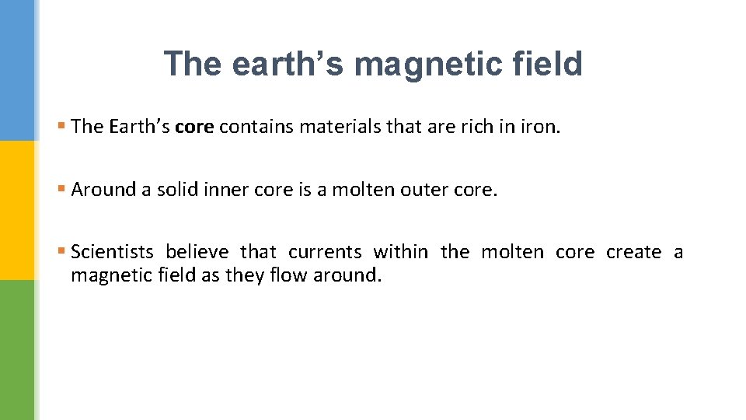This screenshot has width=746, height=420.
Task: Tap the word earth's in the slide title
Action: [287, 64]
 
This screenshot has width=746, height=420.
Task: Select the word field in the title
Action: [547, 64]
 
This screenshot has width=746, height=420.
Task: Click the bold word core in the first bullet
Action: [194, 127]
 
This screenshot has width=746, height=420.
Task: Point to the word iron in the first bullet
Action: [538, 127]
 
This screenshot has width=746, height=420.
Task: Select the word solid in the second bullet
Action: [177, 190]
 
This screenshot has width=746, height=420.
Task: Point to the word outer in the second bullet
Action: [427, 190]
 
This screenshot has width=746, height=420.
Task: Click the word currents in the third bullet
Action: [325, 252]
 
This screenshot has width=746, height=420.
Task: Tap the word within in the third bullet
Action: [400, 252]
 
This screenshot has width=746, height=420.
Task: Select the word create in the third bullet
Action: [634, 252]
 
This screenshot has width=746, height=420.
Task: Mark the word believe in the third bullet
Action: [197, 252]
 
